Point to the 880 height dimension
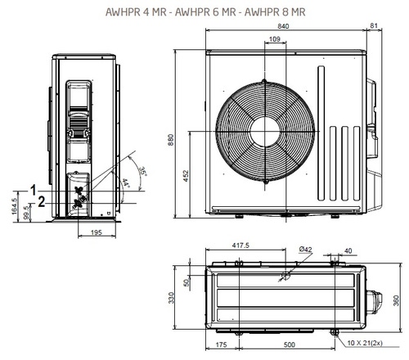point(172,141)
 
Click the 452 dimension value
point(187,176)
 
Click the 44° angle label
point(125,184)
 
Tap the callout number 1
point(34,189)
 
